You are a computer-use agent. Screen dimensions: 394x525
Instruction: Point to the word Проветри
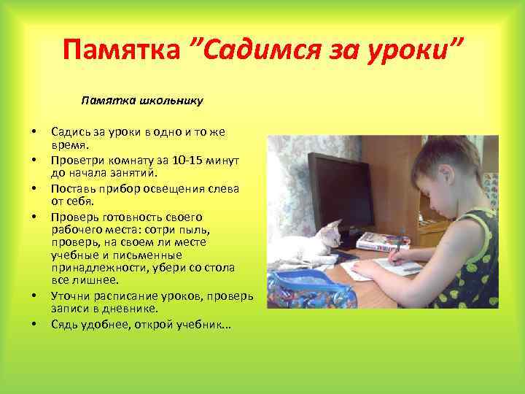tap(74, 161)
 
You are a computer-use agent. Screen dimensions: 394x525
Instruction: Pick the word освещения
tap(169, 188)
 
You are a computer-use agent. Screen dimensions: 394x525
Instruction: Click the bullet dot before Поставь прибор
tap(34, 189)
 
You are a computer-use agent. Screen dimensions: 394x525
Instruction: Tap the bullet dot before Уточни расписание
tap(34, 297)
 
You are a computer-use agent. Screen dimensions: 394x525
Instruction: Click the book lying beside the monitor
tap(383, 239)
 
